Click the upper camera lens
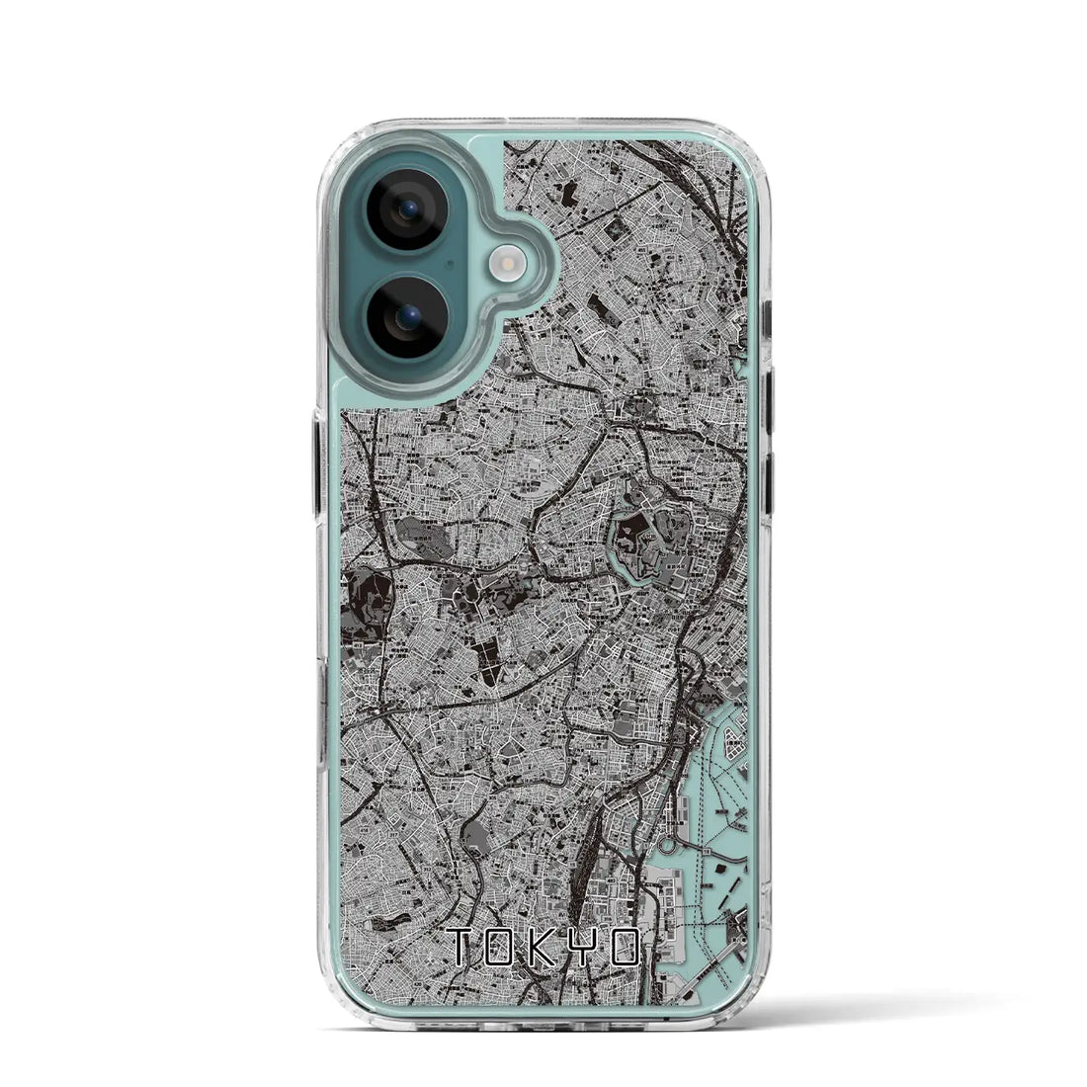point(408,209)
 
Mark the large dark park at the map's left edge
point(369,602)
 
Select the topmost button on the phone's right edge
point(767,319)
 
